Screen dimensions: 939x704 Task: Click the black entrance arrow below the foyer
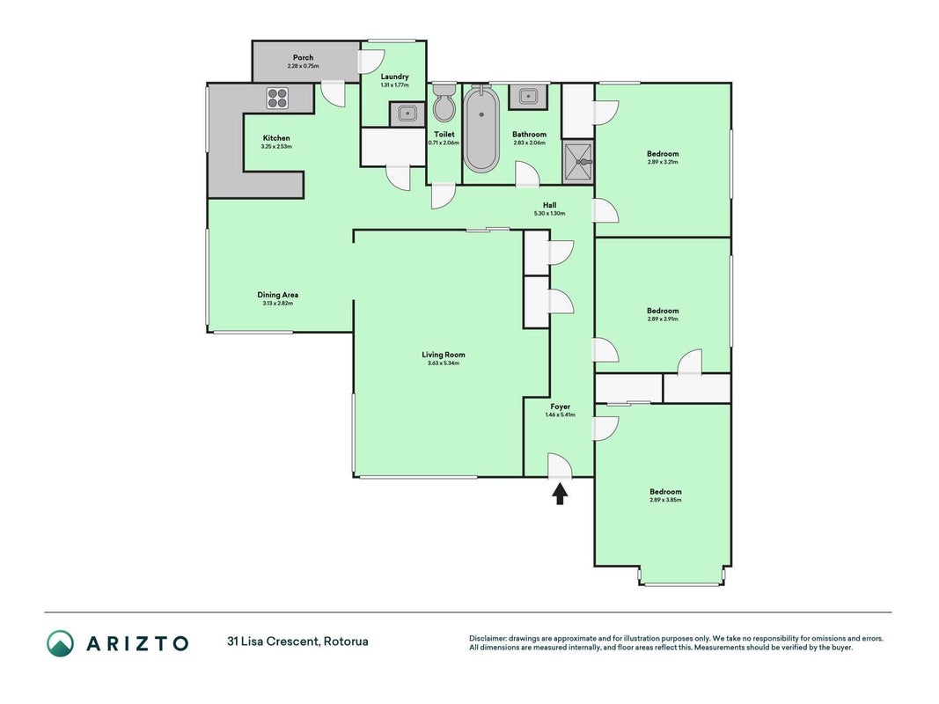click(x=560, y=494)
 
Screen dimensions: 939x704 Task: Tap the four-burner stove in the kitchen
click(x=277, y=99)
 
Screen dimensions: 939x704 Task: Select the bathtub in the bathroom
click(x=481, y=128)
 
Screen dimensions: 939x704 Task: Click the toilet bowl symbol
click(x=444, y=104)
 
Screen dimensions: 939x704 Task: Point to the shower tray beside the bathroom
click(x=578, y=162)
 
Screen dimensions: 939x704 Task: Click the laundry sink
click(x=407, y=114)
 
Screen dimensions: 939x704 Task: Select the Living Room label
click(x=444, y=355)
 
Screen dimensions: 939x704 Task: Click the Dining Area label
click(x=278, y=295)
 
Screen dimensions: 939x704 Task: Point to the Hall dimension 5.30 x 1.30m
click(x=550, y=213)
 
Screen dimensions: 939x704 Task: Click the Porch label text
click(x=303, y=57)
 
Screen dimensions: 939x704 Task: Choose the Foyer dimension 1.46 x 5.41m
click(x=561, y=414)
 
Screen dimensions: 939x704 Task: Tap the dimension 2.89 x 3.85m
click(x=665, y=500)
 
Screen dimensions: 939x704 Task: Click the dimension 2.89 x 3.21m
click(x=663, y=162)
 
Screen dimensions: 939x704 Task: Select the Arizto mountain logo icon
click(x=61, y=643)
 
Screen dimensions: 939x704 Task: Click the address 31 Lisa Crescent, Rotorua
click(x=297, y=642)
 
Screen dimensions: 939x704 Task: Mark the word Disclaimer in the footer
click(x=488, y=639)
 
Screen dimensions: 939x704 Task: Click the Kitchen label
click(x=276, y=137)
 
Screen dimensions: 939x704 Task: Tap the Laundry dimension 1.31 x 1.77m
click(x=394, y=85)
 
